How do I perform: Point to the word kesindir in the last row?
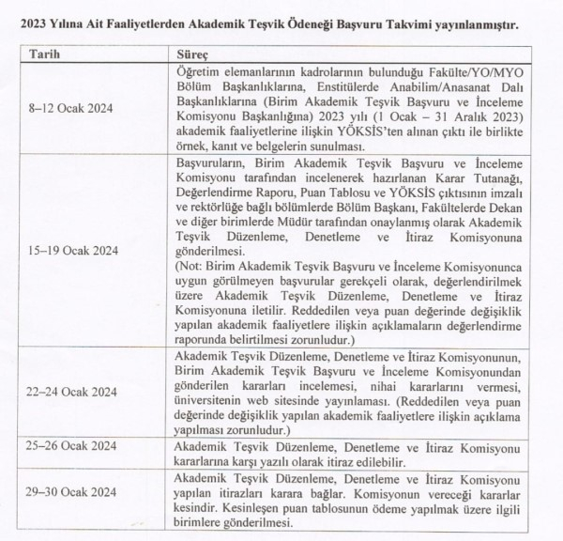[199, 508]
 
